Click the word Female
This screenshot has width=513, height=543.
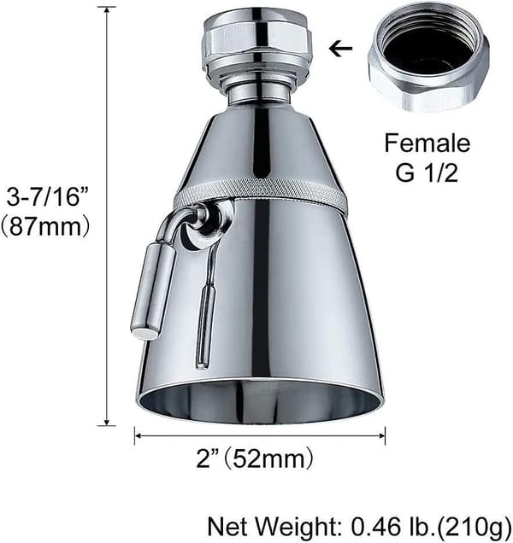pos(427,143)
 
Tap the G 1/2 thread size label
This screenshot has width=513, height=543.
pos(427,172)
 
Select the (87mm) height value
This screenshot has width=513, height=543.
pos(46,227)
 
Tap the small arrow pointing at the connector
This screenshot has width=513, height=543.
pos(340,49)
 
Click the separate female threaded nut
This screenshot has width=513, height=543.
pos(428,56)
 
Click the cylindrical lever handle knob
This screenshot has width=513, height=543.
pos(153,290)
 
